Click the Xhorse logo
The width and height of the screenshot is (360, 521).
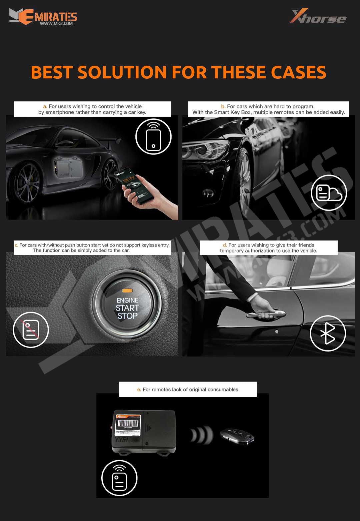pos(318,16)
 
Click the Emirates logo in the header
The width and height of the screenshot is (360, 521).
pos(43,17)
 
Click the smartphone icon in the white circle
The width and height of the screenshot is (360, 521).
pos(153,137)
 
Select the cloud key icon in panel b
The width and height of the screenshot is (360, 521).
pos(329,193)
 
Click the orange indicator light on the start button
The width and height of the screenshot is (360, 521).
pos(127,291)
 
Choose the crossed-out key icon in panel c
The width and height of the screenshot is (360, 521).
pos(31,330)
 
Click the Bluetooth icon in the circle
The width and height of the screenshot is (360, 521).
pos(328,333)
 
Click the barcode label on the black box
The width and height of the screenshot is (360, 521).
pos(128,424)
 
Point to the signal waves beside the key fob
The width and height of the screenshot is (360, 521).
pos(202,435)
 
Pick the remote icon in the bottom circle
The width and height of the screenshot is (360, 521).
pos(119,478)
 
